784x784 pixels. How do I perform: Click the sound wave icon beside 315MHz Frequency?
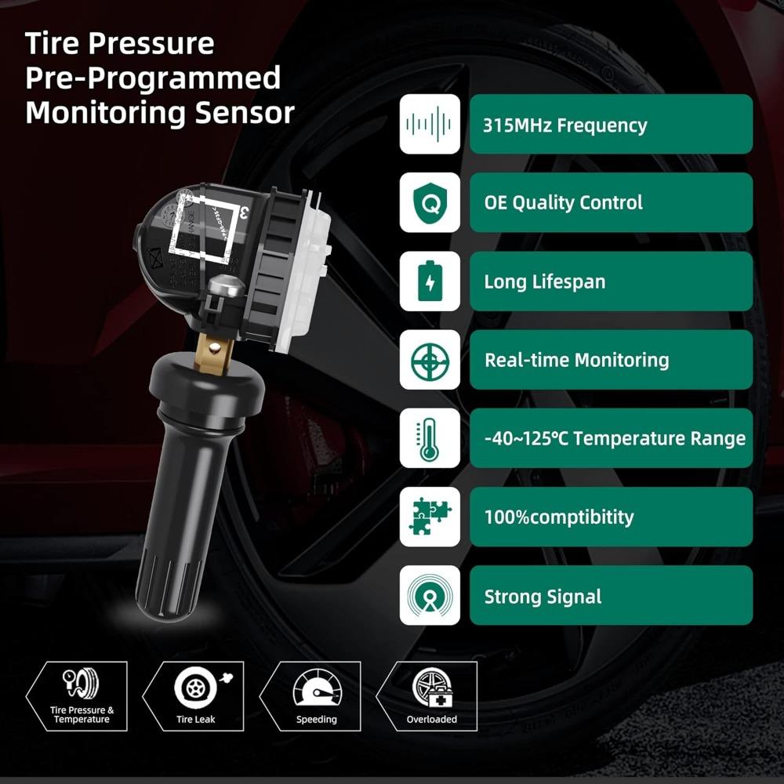(430, 124)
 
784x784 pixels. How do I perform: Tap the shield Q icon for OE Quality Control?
(430, 202)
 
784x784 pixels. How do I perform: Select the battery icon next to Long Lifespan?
(430, 281)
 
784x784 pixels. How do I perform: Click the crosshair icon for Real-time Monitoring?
(430, 360)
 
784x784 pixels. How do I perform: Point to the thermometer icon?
(430, 438)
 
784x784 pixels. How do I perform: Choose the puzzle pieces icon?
(430, 517)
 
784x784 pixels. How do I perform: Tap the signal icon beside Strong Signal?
(430, 595)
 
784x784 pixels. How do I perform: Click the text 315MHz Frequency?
(565, 125)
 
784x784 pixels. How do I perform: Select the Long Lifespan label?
(544, 281)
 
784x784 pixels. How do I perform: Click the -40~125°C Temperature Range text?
(615, 438)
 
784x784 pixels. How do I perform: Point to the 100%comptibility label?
(558, 517)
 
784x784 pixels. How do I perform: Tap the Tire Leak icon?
(195, 688)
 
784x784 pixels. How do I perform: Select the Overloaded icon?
(431, 688)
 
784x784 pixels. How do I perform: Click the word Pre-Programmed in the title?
(153, 78)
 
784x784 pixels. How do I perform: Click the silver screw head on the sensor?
(224, 287)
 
